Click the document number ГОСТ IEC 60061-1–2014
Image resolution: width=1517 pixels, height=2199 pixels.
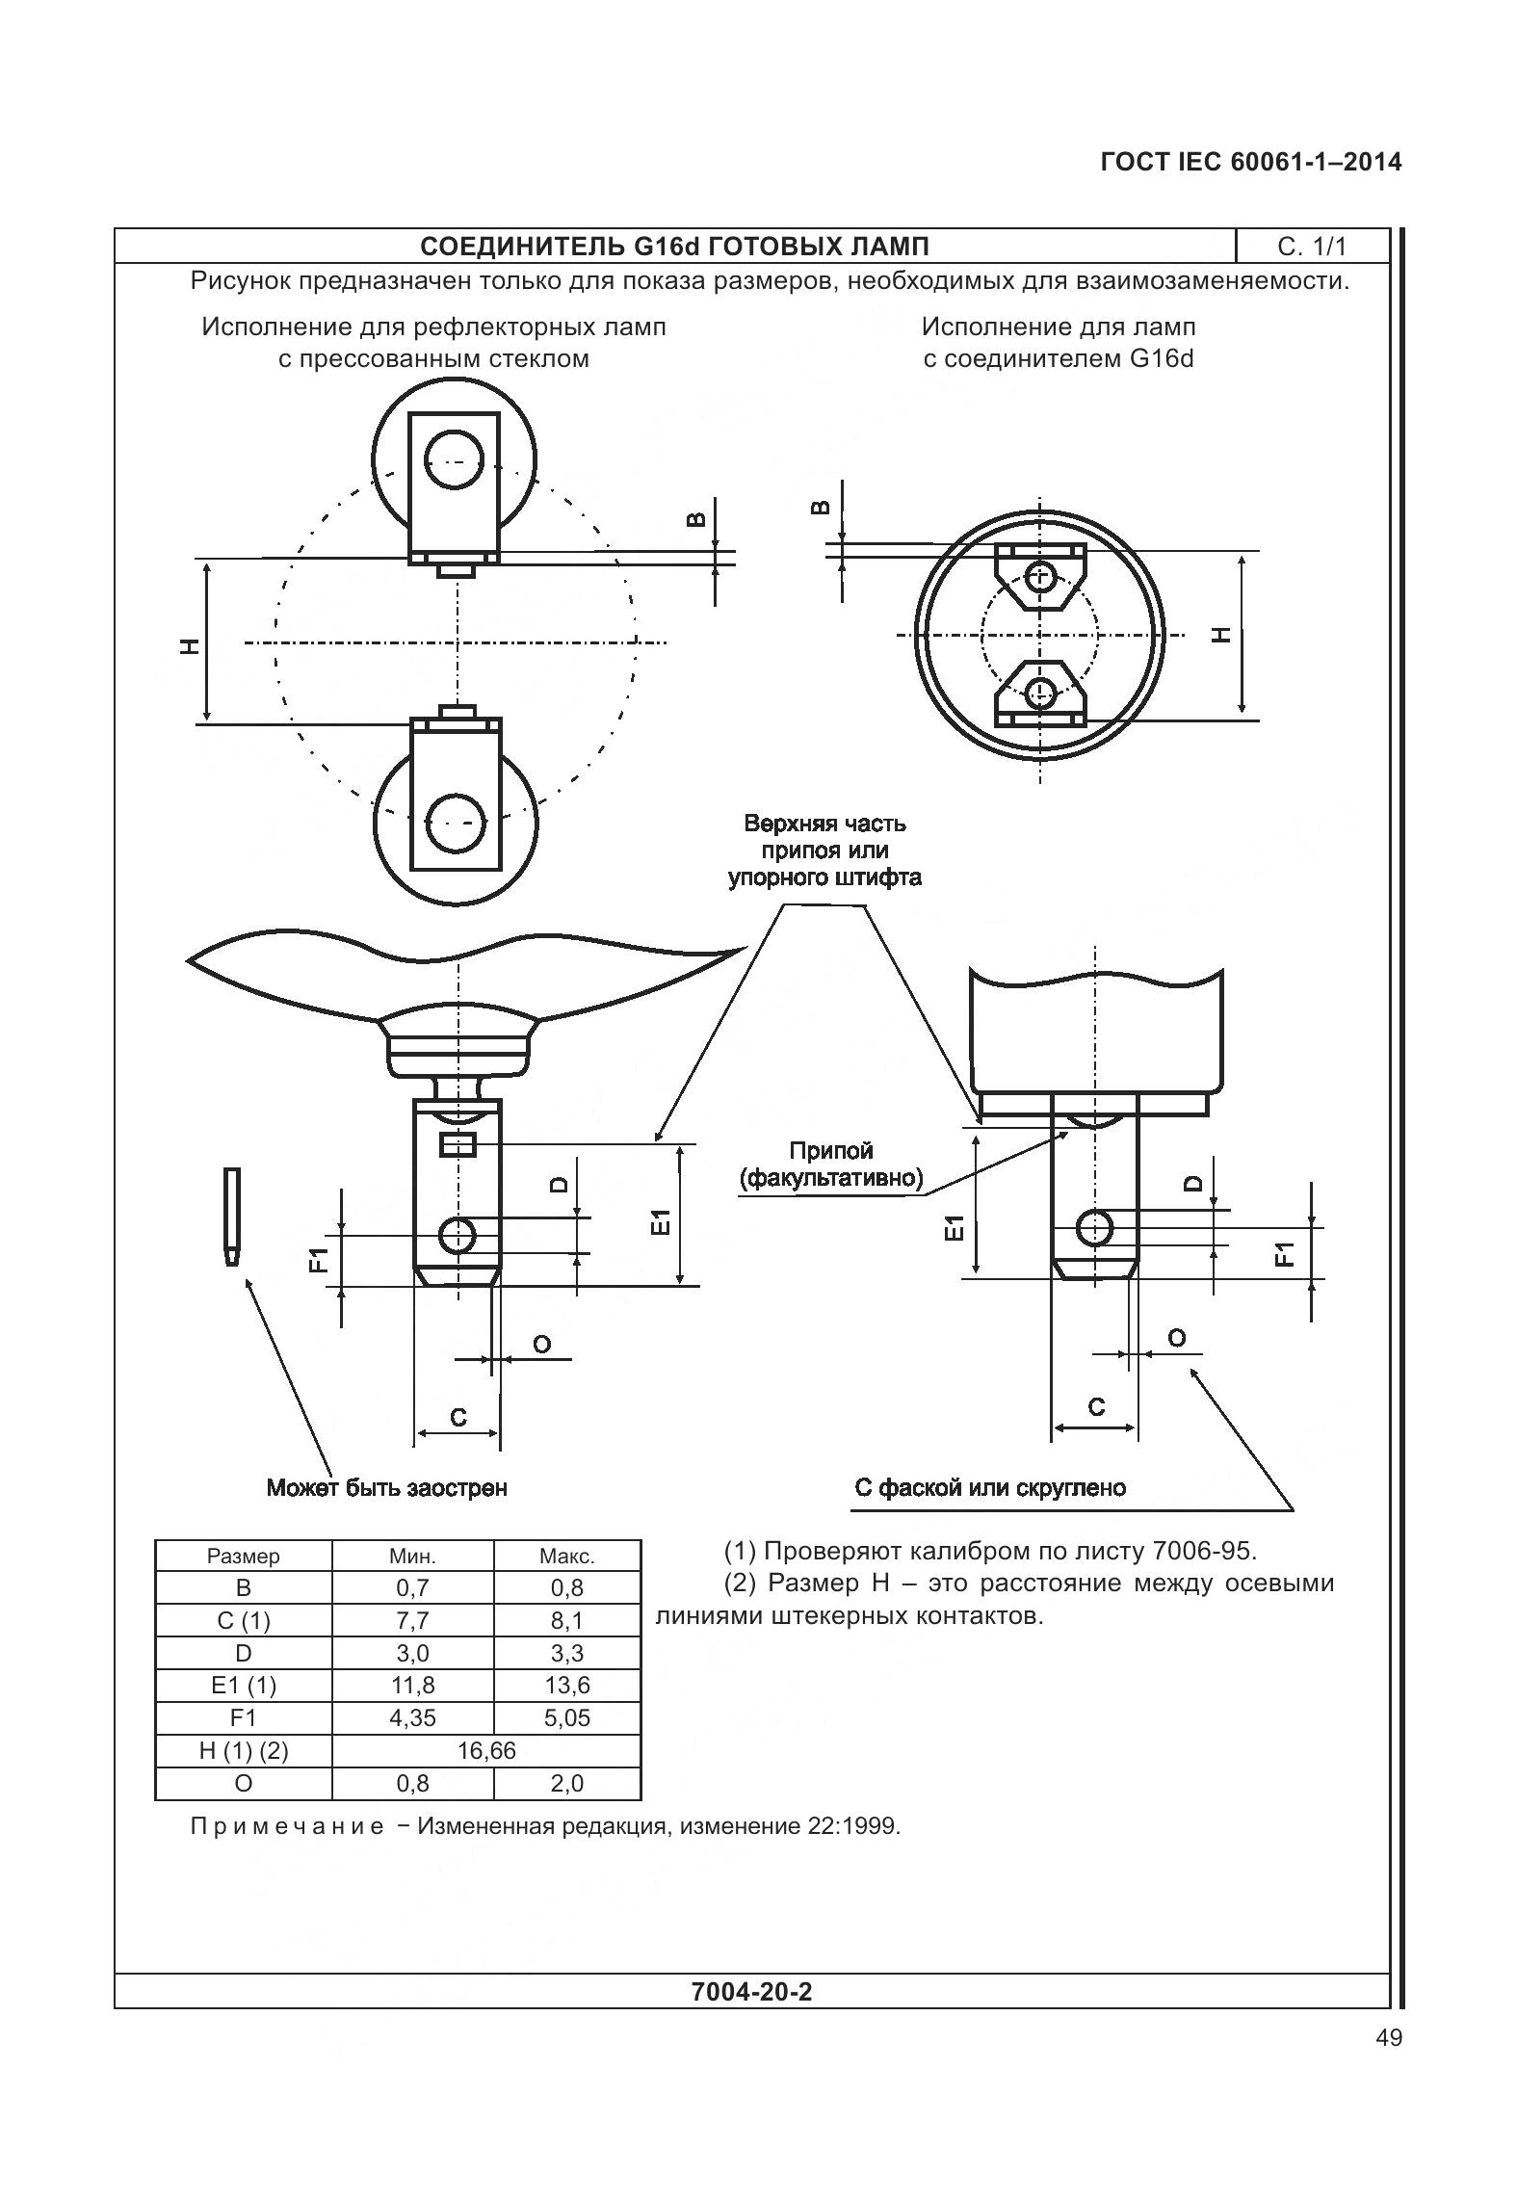1250,163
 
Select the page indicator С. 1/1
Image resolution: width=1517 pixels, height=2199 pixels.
1311,247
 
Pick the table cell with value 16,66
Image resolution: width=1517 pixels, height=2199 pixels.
486,1750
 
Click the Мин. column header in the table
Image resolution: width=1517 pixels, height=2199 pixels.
412,1556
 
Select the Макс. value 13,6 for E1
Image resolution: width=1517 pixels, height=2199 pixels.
566,1685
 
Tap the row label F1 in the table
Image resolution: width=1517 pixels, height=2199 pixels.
243,1717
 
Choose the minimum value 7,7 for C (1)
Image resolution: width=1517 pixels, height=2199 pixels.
412,1620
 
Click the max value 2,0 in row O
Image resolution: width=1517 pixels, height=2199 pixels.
566,1783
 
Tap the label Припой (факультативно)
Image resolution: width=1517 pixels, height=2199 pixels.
831,1164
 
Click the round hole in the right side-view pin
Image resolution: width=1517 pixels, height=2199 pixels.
1094,1227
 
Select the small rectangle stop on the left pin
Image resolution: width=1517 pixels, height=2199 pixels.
458,1144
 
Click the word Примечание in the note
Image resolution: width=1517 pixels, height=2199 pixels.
287,1826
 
